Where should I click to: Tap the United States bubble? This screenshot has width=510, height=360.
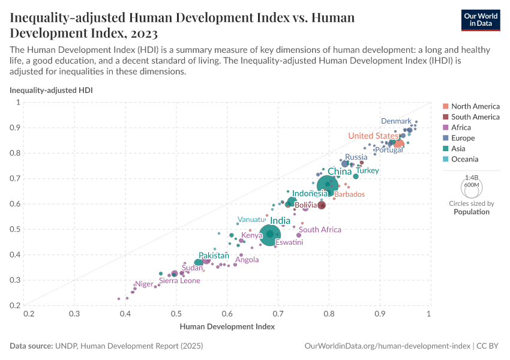(398, 143)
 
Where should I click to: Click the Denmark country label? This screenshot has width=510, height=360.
(396, 121)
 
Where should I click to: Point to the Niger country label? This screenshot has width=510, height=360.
(144, 284)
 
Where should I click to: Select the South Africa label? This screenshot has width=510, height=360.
(320, 230)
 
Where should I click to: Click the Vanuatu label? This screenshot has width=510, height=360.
(251, 219)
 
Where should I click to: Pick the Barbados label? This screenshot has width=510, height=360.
(349, 194)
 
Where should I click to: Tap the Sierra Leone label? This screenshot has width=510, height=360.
(179, 280)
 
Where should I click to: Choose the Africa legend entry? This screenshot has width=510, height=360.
(461, 127)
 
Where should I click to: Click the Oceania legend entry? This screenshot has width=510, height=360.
(464, 159)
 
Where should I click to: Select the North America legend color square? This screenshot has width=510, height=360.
(445, 106)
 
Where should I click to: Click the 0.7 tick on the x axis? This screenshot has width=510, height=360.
(278, 314)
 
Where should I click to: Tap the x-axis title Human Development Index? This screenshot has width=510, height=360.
(227, 327)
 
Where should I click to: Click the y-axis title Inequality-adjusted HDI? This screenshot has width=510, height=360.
(51, 90)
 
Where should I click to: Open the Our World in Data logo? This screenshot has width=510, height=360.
(481, 19)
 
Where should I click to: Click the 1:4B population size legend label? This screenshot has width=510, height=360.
(472, 178)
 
